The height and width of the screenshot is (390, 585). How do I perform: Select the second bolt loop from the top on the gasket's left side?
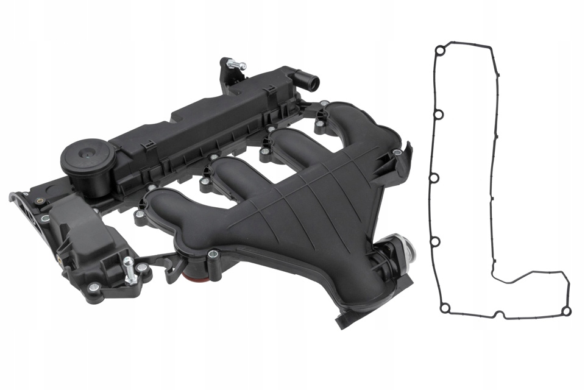point(438,114)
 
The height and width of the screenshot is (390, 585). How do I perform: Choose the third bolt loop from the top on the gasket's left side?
point(434,178)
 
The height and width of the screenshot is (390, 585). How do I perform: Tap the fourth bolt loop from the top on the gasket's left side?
point(435,242)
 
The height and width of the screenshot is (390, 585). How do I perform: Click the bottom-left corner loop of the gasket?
point(445,308)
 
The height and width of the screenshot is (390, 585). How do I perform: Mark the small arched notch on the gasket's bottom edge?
point(499,313)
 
